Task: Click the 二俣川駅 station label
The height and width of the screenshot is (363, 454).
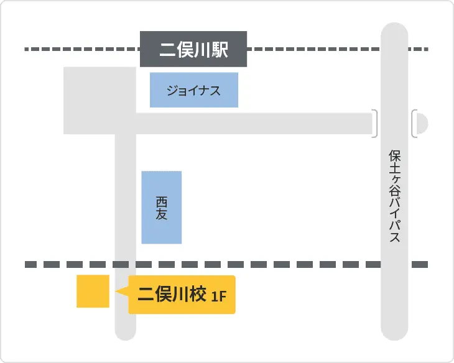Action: [193, 49]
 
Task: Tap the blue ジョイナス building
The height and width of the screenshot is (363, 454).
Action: [193, 90]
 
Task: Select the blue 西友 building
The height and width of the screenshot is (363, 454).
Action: [162, 208]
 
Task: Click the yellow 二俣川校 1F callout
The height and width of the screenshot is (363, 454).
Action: [182, 295]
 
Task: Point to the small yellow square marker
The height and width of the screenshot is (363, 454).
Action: [93, 291]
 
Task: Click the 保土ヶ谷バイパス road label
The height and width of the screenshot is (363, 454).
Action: [394, 196]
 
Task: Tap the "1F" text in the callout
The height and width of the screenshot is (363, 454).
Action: [218, 296]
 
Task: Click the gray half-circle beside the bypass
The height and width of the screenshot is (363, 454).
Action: [423, 123]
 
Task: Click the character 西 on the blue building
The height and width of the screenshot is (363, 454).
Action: [162, 201]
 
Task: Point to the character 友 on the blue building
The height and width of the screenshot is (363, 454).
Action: [162, 214]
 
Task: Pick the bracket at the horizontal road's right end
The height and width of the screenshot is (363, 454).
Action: [375, 123]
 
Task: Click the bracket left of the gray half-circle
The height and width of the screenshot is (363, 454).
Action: [414, 123]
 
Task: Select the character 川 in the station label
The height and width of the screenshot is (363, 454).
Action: [202, 50]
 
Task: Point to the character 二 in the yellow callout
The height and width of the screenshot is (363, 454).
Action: [146, 295]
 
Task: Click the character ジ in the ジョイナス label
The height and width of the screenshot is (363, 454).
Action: [171, 91]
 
